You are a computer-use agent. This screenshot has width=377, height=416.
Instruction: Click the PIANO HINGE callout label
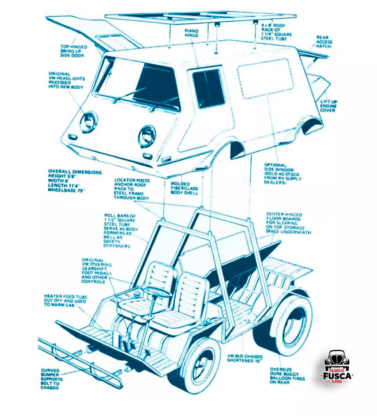tap(191, 33)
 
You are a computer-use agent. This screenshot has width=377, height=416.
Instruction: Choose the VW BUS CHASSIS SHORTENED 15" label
tap(245, 359)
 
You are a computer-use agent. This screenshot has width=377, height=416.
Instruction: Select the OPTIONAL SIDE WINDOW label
tap(283, 173)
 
